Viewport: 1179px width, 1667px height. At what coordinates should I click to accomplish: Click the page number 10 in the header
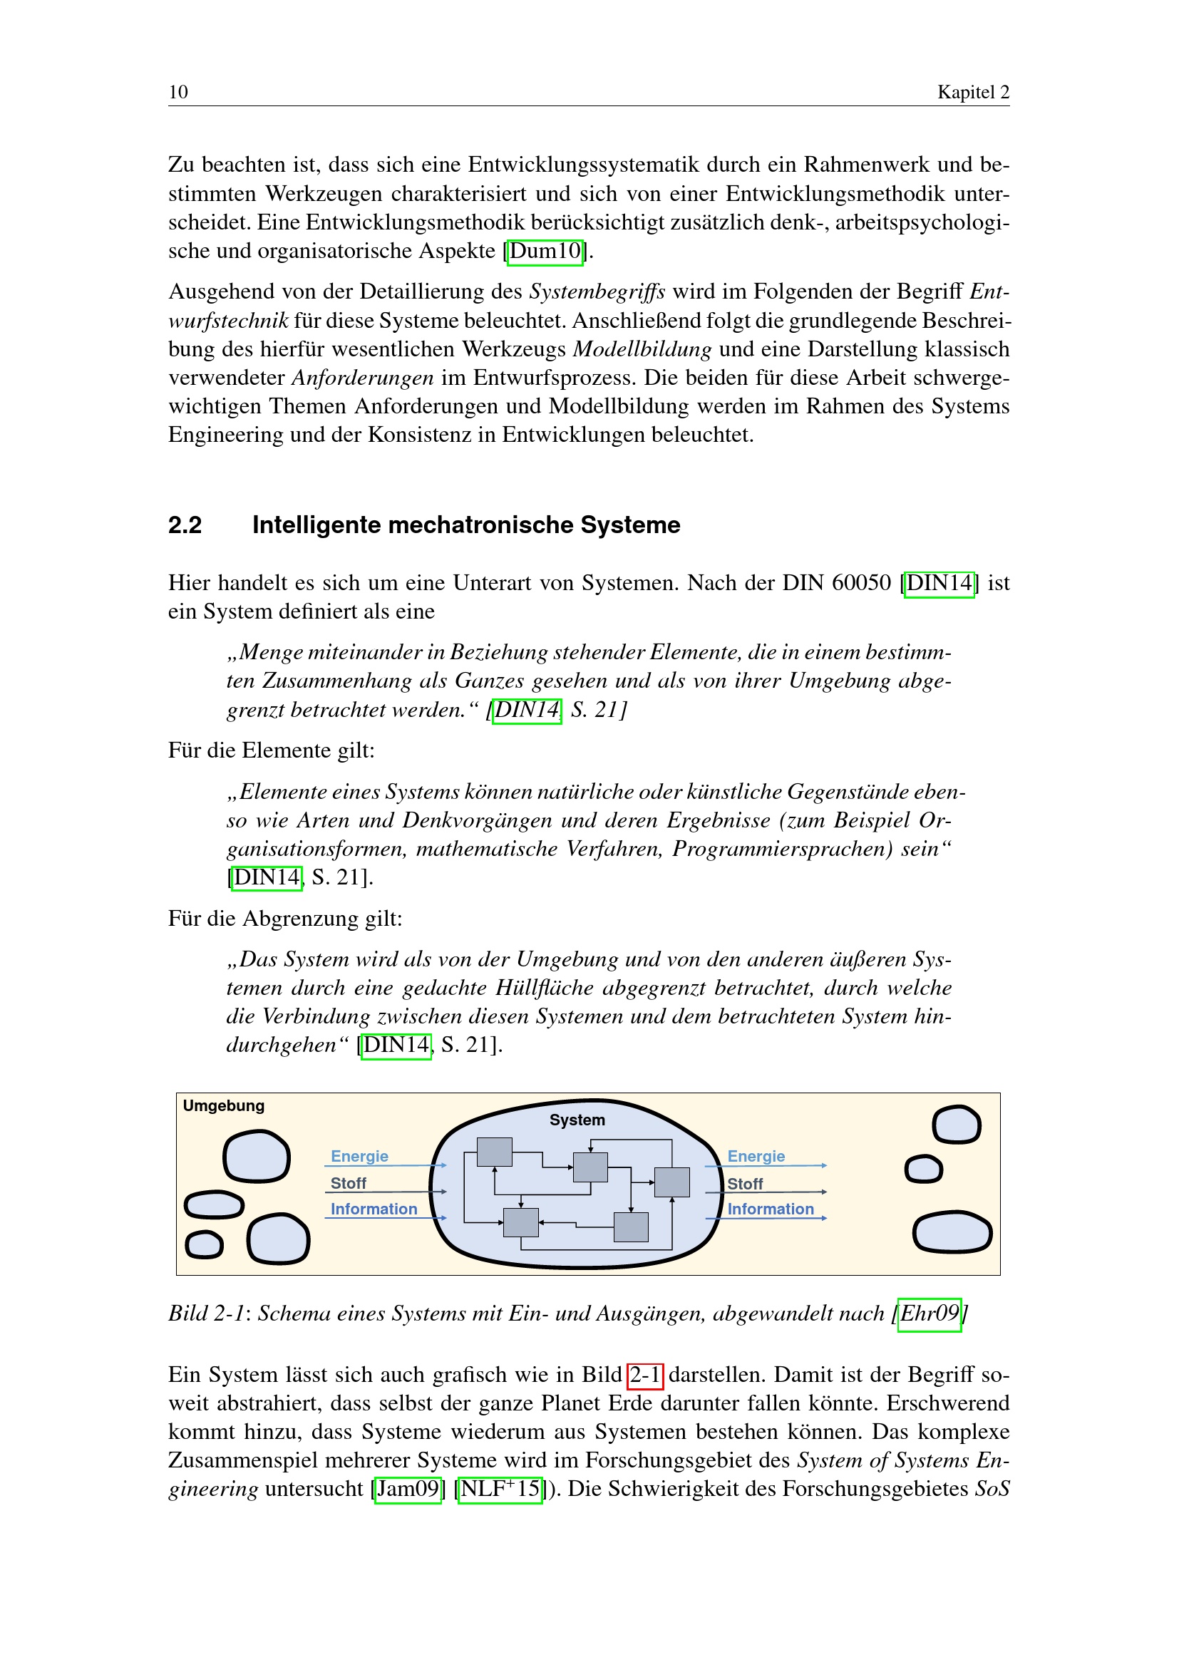(178, 92)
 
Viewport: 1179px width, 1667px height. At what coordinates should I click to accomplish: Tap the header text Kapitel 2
(973, 92)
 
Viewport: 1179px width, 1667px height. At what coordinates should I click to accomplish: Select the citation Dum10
(545, 251)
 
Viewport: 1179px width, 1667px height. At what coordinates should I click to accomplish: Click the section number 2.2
(185, 525)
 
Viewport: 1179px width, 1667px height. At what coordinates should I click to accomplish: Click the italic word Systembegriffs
(597, 292)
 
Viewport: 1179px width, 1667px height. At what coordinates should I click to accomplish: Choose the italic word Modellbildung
(642, 349)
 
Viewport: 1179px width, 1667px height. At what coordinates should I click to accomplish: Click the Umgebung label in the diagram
(224, 1106)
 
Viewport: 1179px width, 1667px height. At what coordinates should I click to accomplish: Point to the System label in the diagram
(577, 1120)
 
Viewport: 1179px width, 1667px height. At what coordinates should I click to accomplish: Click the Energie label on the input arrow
(359, 1156)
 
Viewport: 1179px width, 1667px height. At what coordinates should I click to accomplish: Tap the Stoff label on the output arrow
(745, 1184)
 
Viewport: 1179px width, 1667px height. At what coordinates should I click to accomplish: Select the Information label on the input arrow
(374, 1209)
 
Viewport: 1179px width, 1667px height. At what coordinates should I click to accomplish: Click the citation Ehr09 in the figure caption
(930, 1314)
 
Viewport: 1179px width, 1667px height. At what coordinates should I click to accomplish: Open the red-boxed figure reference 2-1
(644, 1375)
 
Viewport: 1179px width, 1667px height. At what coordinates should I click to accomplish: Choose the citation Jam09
(408, 1489)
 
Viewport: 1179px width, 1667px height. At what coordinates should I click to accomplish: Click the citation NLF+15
(500, 1489)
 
